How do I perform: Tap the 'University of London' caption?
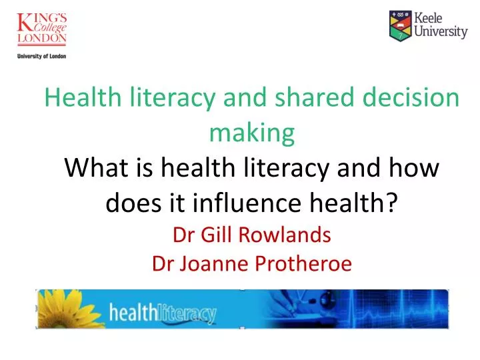tap(42, 56)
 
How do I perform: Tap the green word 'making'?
tap(251, 133)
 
